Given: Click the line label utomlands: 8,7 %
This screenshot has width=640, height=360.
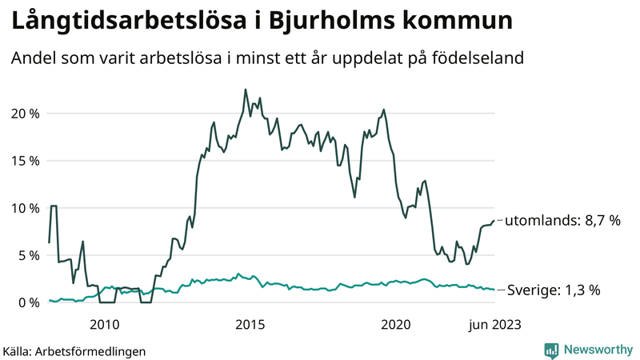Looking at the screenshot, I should [562, 220].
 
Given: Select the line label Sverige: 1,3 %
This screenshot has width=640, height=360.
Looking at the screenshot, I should [554, 290].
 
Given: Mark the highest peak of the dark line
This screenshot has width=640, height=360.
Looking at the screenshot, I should [245, 90].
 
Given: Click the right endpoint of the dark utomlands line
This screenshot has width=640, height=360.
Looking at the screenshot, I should [494, 220].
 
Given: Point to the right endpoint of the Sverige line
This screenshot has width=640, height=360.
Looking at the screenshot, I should [494, 290].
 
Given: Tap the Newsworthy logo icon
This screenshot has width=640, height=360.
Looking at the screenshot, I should [551, 350].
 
